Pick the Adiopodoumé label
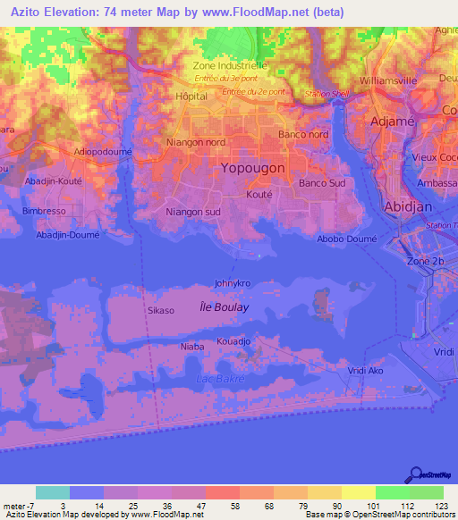104,152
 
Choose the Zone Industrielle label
230,66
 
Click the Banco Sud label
322,183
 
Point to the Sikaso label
160,310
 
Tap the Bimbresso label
44,212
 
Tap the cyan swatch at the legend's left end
52,492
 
